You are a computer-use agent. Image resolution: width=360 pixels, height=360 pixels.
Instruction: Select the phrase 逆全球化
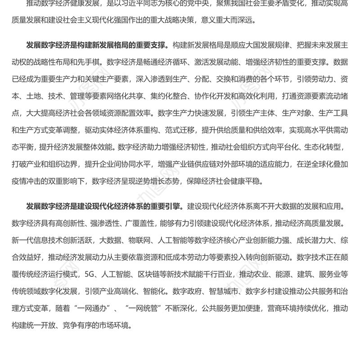pyautogui.click(x=321, y=165)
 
